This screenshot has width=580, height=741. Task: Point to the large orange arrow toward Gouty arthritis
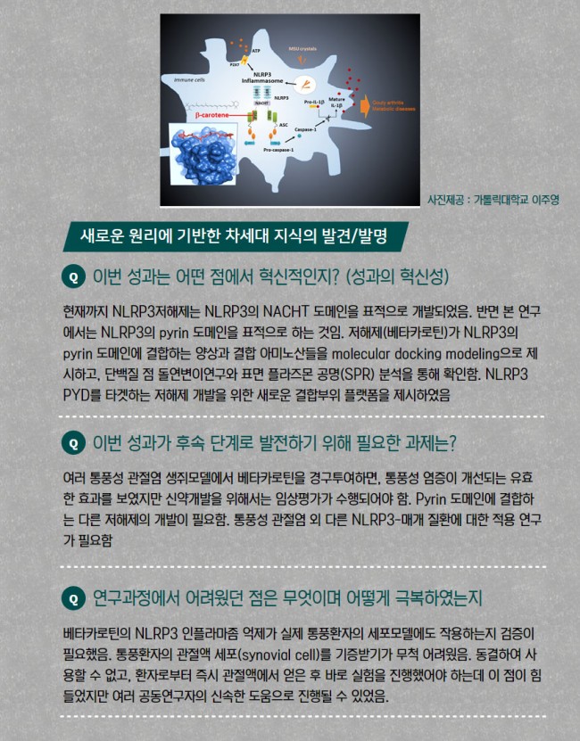click(x=362, y=106)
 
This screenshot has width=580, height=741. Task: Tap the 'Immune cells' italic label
click(x=189, y=79)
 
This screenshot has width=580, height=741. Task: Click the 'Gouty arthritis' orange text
click(x=392, y=102)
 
